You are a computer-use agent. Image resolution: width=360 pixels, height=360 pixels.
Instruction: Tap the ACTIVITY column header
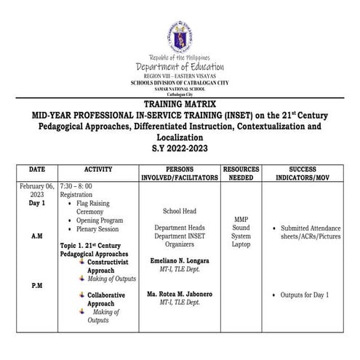point(98,169)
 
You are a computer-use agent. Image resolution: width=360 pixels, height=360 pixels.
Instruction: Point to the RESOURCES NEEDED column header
point(241,173)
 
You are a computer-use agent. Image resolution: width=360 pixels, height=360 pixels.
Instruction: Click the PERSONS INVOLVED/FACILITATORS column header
point(179,173)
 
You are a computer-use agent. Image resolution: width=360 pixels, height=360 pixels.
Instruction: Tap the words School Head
point(179,211)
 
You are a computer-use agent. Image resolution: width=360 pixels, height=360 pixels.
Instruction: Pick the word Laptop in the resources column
point(241,244)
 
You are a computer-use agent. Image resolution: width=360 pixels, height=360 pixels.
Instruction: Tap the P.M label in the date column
point(36,286)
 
